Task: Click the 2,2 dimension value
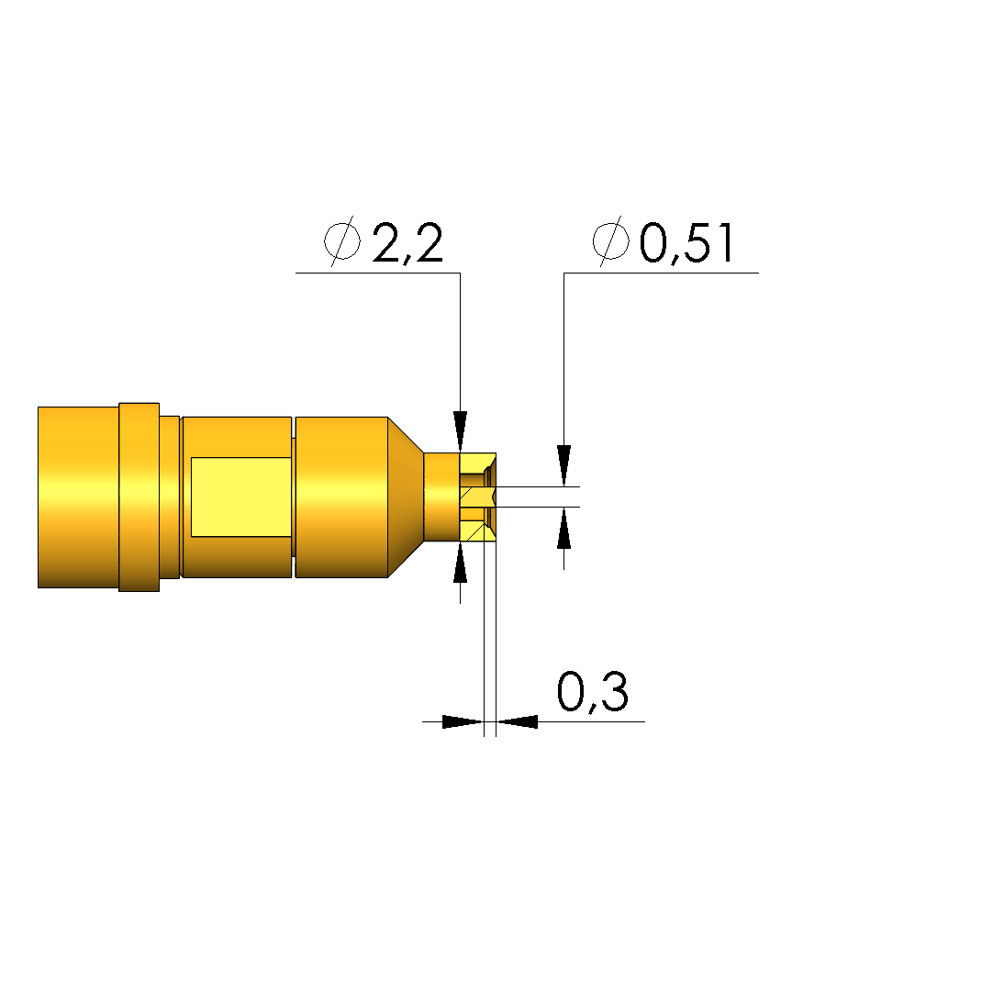coord(407,243)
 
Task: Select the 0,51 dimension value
coord(686,243)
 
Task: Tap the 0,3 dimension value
coord(593,692)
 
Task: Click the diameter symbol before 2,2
coord(342,240)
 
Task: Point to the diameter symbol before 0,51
coord(611,240)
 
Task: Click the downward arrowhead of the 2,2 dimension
coord(460,431)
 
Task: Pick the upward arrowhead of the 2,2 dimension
coord(460,563)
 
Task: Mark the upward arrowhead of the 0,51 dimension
coord(564,528)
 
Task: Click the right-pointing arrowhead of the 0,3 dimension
coord(463,721)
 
